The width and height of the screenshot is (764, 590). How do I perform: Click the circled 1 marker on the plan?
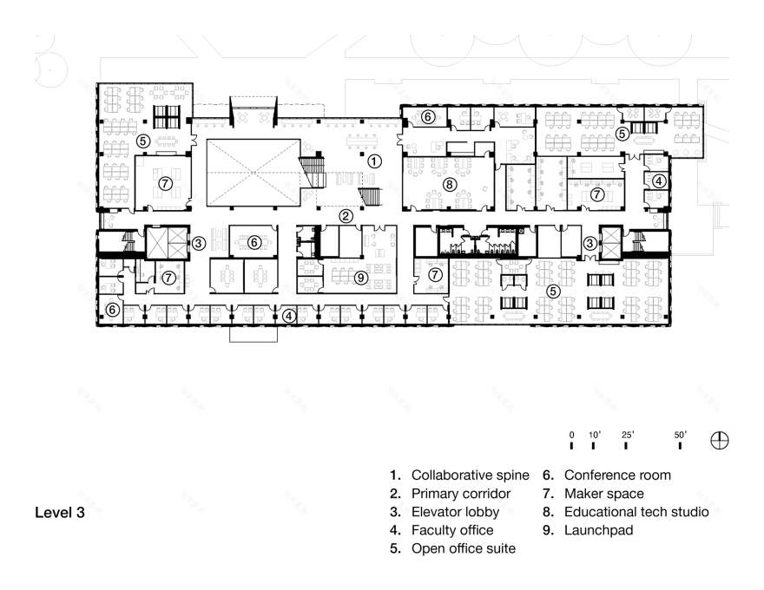(x=373, y=161)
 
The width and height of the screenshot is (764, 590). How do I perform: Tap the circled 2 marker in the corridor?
(x=346, y=215)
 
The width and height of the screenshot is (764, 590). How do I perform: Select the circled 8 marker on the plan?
(x=449, y=184)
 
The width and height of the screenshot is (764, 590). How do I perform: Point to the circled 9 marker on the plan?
(x=360, y=278)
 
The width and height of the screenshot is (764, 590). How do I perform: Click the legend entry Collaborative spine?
(x=458, y=475)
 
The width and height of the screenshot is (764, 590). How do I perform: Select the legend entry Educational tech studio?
(x=627, y=512)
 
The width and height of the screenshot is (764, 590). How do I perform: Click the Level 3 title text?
(x=60, y=512)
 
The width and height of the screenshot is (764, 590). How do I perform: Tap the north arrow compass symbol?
(x=720, y=440)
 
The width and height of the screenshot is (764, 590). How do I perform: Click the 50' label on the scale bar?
(x=680, y=434)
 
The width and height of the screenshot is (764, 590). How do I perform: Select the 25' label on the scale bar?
(x=627, y=434)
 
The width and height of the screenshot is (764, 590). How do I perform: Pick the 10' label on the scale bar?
(x=594, y=434)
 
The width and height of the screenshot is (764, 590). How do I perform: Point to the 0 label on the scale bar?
(x=572, y=434)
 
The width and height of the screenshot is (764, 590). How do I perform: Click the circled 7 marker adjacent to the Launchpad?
(x=435, y=274)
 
